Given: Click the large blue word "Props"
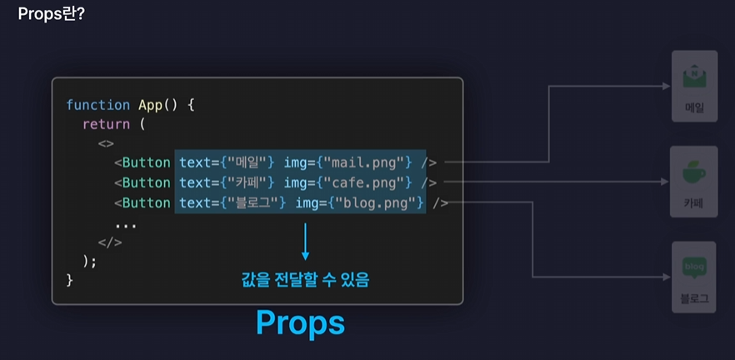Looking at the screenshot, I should [x=299, y=322].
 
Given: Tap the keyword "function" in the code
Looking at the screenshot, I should [x=97, y=105].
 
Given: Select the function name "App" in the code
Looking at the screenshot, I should [x=152, y=105].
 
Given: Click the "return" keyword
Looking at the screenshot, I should [x=106, y=124].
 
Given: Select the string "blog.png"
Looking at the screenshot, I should [x=374, y=202].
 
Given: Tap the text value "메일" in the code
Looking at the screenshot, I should [x=247, y=162].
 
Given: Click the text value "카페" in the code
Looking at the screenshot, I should [x=247, y=182].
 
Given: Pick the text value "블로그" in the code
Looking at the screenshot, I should [x=253, y=202].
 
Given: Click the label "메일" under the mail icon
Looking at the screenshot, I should [x=693, y=107].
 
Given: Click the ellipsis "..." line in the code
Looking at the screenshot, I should [x=126, y=223].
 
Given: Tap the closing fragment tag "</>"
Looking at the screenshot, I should [x=110, y=242].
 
